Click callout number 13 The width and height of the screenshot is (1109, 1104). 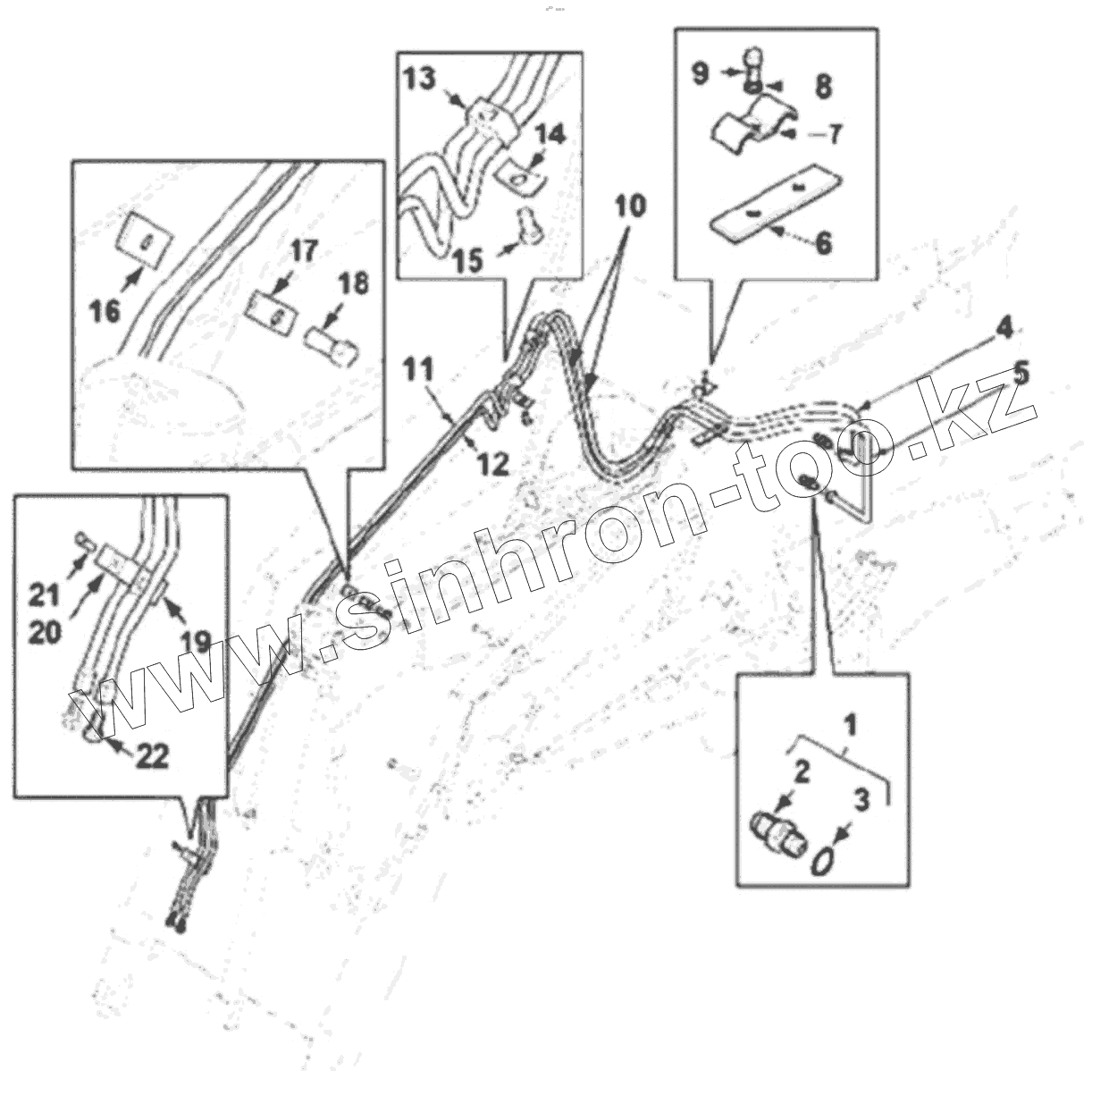tap(418, 80)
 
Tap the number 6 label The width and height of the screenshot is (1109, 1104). tap(823, 242)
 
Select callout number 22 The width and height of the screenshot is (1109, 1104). tap(152, 756)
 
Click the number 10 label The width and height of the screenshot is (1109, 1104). tap(629, 206)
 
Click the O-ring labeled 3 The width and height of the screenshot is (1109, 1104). tap(823, 862)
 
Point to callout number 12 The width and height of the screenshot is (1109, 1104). tap(493, 462)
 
